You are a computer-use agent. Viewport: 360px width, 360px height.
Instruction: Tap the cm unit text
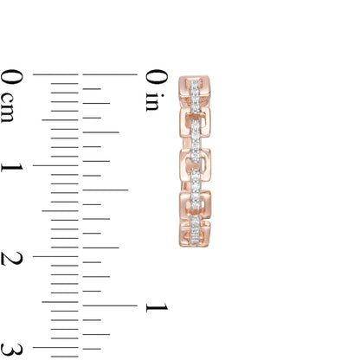[10, 110]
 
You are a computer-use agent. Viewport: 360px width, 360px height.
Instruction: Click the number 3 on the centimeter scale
[11, 349]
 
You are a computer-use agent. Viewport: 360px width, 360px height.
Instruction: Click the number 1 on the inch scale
[157, 306]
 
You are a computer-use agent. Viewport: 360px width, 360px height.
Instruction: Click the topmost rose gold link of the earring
[198, 87]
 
